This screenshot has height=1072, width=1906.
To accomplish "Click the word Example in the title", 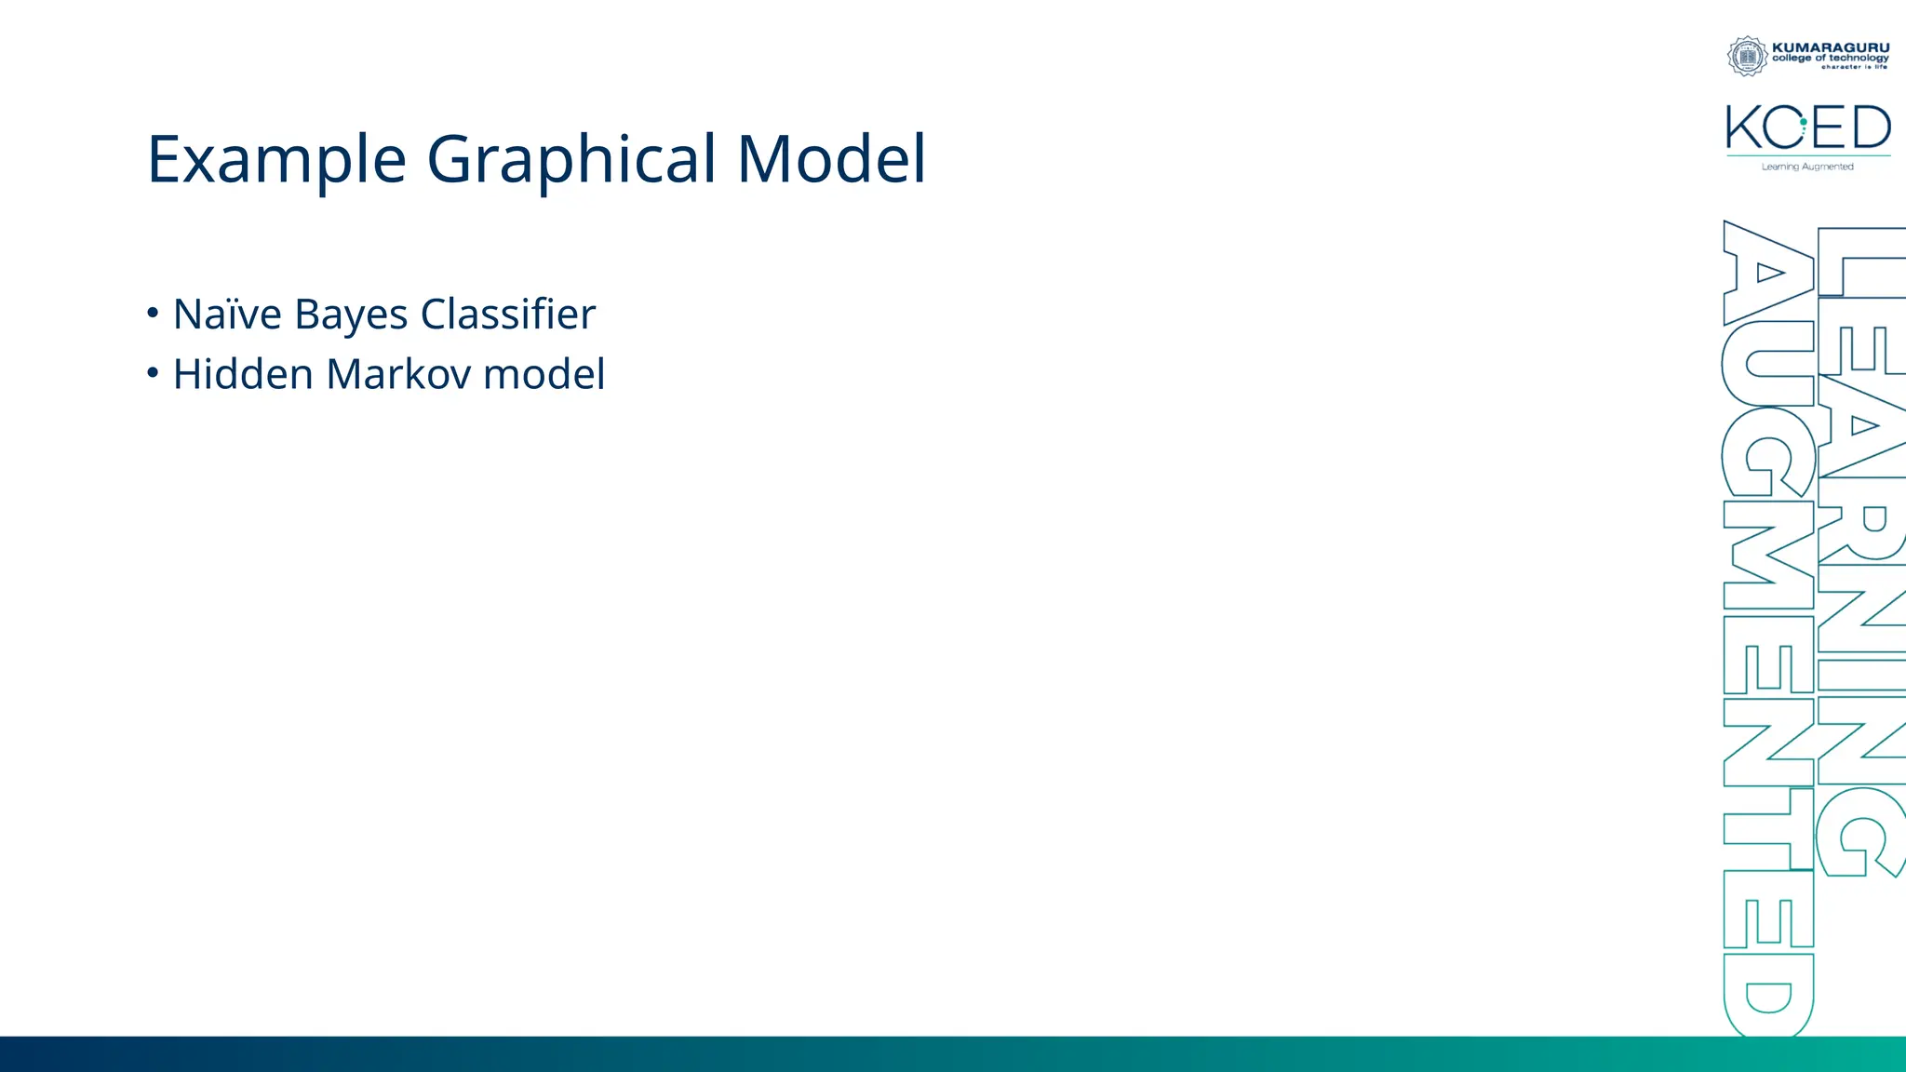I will point(276,159).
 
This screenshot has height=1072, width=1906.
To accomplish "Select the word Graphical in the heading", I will point(570,159).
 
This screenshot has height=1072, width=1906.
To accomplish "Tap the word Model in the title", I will point(831,159).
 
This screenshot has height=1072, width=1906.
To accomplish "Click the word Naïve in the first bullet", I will point(227,315).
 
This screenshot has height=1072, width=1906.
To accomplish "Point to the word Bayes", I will point(351,315).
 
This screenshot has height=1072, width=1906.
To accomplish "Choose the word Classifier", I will point(507,315).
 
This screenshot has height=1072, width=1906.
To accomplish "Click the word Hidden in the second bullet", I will point(243,374).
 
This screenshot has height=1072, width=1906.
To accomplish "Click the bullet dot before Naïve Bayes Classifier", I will point(153,314).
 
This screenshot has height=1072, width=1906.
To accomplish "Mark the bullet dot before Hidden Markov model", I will point(153,373).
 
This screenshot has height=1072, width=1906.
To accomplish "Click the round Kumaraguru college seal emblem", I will point(1747,56).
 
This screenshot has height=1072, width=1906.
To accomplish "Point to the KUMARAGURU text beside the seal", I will point(1831,47).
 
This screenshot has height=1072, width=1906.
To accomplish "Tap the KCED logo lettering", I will point(1807,127).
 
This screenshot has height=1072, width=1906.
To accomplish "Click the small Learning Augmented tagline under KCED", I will point(1807,167).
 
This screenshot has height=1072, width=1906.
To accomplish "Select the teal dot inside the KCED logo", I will point(1804,122).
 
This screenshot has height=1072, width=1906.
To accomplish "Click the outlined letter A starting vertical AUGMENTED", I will point(1767,273).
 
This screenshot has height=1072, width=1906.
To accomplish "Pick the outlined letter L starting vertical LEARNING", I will point(1859,262).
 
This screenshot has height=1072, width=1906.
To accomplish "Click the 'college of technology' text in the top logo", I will point(1831,58).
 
